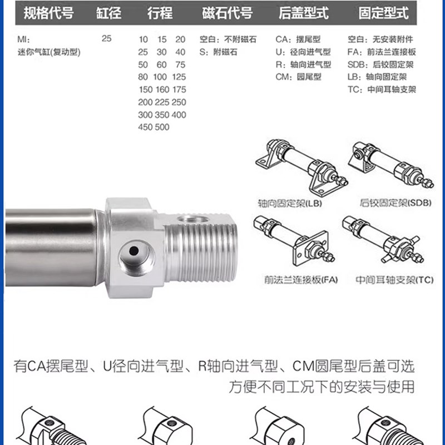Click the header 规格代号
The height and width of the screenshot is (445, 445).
pyautogui.click(x=48, y=13)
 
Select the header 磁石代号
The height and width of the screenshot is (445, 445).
pyautogui.click(x=226, y=13)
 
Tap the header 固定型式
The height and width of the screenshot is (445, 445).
pyautogui.click(x=383, y=13)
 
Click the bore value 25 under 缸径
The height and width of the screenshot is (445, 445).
pyautogui.click(x=107, y=39)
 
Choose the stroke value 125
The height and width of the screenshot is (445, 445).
pyautogui.click(x=179, y=77)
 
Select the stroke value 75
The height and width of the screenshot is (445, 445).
pyautogui.click(x=180, y=64)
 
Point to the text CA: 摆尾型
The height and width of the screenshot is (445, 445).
pyautogui.click(x=298, y=39)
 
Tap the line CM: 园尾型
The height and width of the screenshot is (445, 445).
pyautogui.click(x=299, y=77)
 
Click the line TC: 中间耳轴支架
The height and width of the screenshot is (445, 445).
pyautogui.click(x=382, y=89)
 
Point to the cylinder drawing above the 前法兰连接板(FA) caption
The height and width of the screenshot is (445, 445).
pyautogui.click(x=295, y=239)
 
